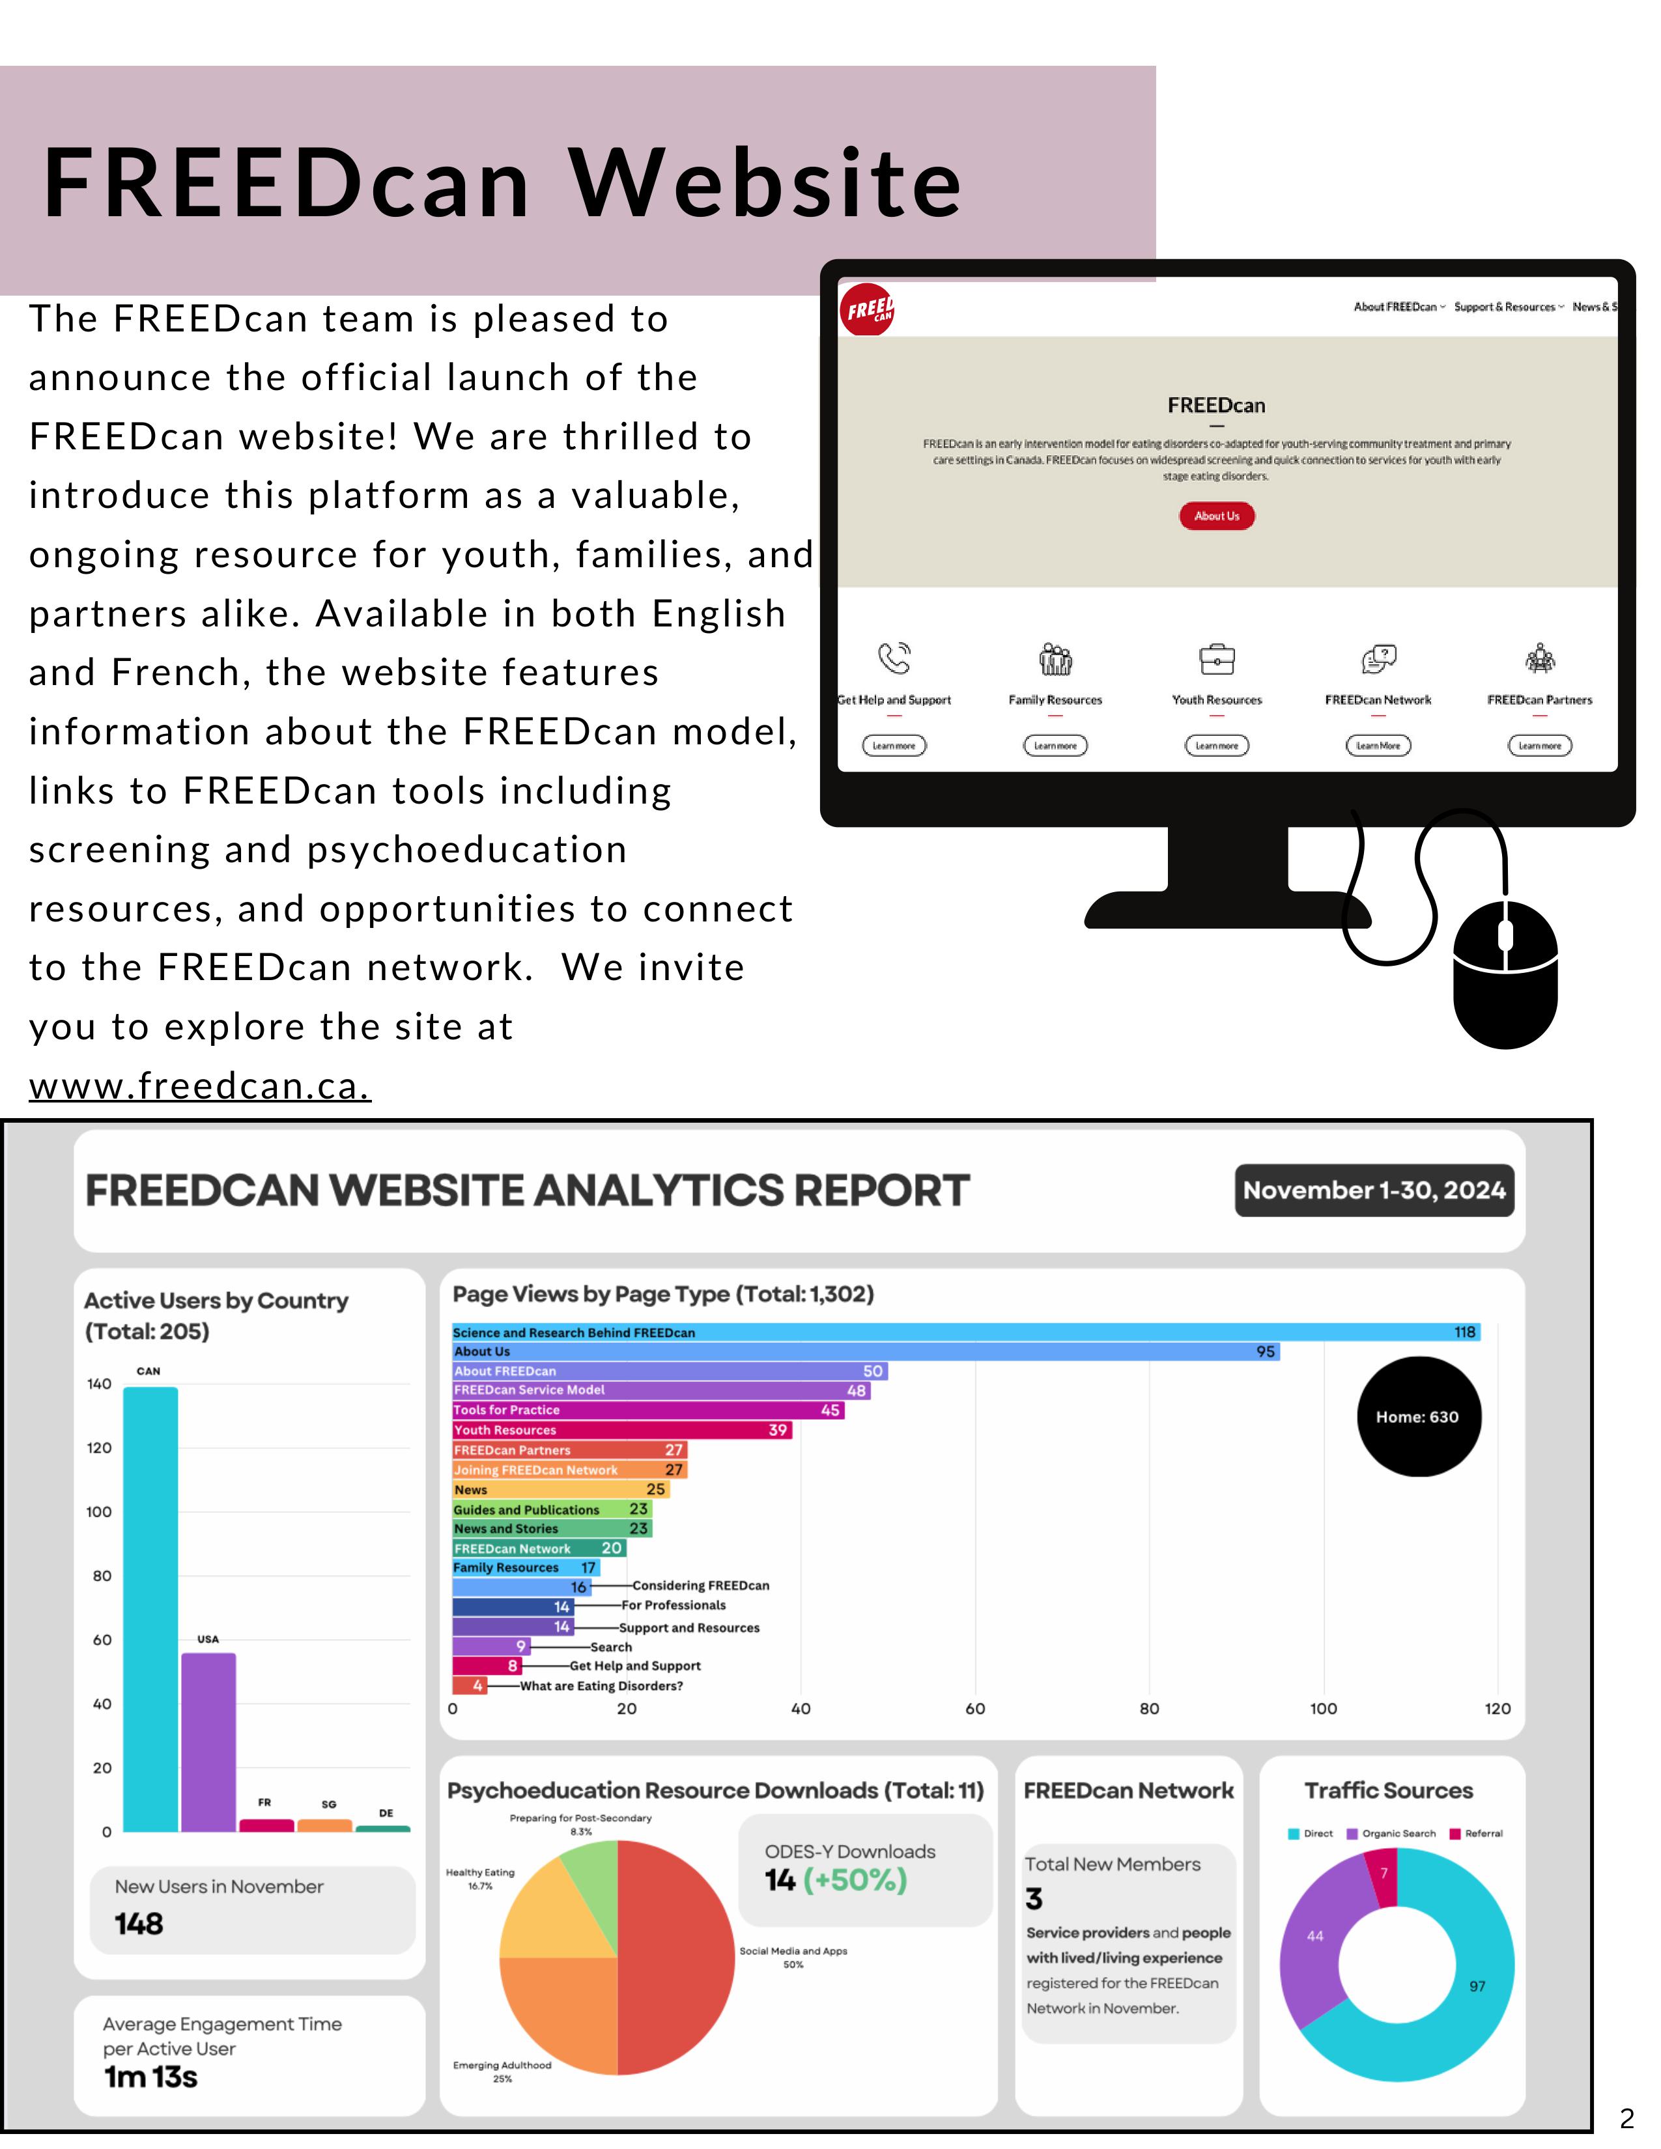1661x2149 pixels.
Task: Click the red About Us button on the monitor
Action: tap(1216, 516)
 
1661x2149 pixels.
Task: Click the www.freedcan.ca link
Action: tap(200, 1086)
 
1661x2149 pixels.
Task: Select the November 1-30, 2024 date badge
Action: tap(1374, 1190)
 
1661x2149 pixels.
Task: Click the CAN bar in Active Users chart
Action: tap(150, 1608)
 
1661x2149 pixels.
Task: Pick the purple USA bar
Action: tap(208, 1741)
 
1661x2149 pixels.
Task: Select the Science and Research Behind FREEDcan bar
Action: tap(964, 1332)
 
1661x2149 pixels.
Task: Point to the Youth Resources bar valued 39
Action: tap(621, 1429)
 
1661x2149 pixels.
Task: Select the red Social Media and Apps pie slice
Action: tap(679, 1958)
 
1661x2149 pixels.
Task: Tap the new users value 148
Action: tap(139, 1924)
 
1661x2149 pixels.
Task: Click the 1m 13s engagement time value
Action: tap(150, 2077)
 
